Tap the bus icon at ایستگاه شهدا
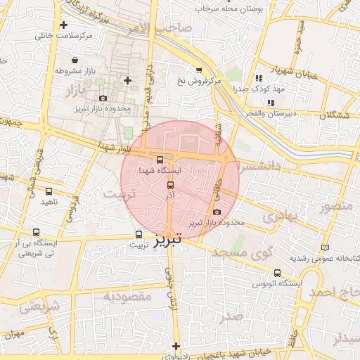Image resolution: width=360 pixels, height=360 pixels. [160, 160]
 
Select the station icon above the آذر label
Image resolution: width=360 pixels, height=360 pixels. [170, 185]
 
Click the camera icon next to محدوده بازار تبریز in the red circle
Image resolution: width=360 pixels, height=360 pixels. [216, 212]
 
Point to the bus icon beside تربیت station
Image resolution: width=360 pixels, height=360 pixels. [138, 235]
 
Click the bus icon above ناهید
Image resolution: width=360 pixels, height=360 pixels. [49, 191]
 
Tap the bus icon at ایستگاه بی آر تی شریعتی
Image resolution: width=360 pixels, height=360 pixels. [36, 232]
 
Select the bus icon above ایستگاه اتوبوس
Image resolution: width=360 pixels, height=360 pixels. [277, 273]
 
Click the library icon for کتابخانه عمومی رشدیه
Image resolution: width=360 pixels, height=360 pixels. [324, 247]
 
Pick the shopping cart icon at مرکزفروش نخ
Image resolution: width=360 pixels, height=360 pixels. [199, 70]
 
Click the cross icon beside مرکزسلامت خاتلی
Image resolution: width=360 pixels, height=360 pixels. [64, 25]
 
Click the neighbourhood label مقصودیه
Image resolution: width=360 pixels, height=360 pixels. [127, 297]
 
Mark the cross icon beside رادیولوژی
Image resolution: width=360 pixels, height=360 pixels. [176, 345]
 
